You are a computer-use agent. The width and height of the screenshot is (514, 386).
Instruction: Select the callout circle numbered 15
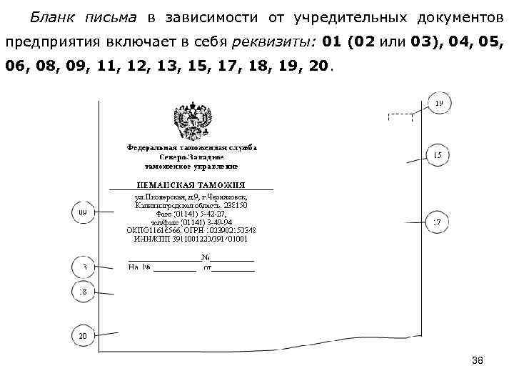438,155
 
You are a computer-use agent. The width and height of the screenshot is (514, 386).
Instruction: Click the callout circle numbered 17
438,223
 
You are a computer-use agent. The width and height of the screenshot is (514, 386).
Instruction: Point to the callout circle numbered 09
84,212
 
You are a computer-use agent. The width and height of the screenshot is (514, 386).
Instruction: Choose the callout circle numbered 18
84,292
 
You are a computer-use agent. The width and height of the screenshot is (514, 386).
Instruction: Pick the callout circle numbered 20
84,335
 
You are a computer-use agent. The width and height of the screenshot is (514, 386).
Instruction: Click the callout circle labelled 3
84,268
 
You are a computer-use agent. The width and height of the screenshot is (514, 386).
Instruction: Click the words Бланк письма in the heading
79,16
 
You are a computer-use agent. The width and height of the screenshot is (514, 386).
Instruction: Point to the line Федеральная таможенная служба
191,148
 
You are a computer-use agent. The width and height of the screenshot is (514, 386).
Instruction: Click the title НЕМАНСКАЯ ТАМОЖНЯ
191,184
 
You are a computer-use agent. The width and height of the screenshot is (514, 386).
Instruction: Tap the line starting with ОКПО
191,230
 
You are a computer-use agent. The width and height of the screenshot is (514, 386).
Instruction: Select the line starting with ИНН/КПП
191,239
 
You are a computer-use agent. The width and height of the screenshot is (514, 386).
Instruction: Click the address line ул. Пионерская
191,197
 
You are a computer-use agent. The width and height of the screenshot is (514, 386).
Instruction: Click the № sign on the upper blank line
205,257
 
